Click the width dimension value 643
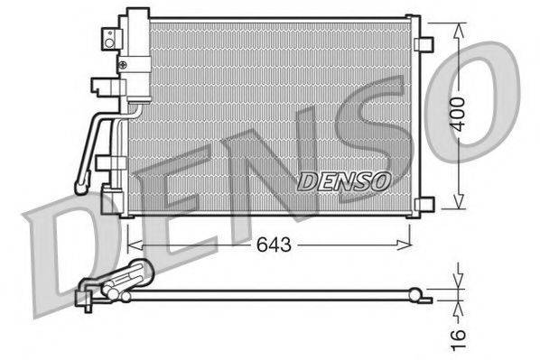(266, 245)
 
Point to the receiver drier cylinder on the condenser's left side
(137, 54)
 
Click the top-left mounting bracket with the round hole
(109, 39)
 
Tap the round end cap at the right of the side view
(414, 292)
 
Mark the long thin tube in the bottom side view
(271, 292)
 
